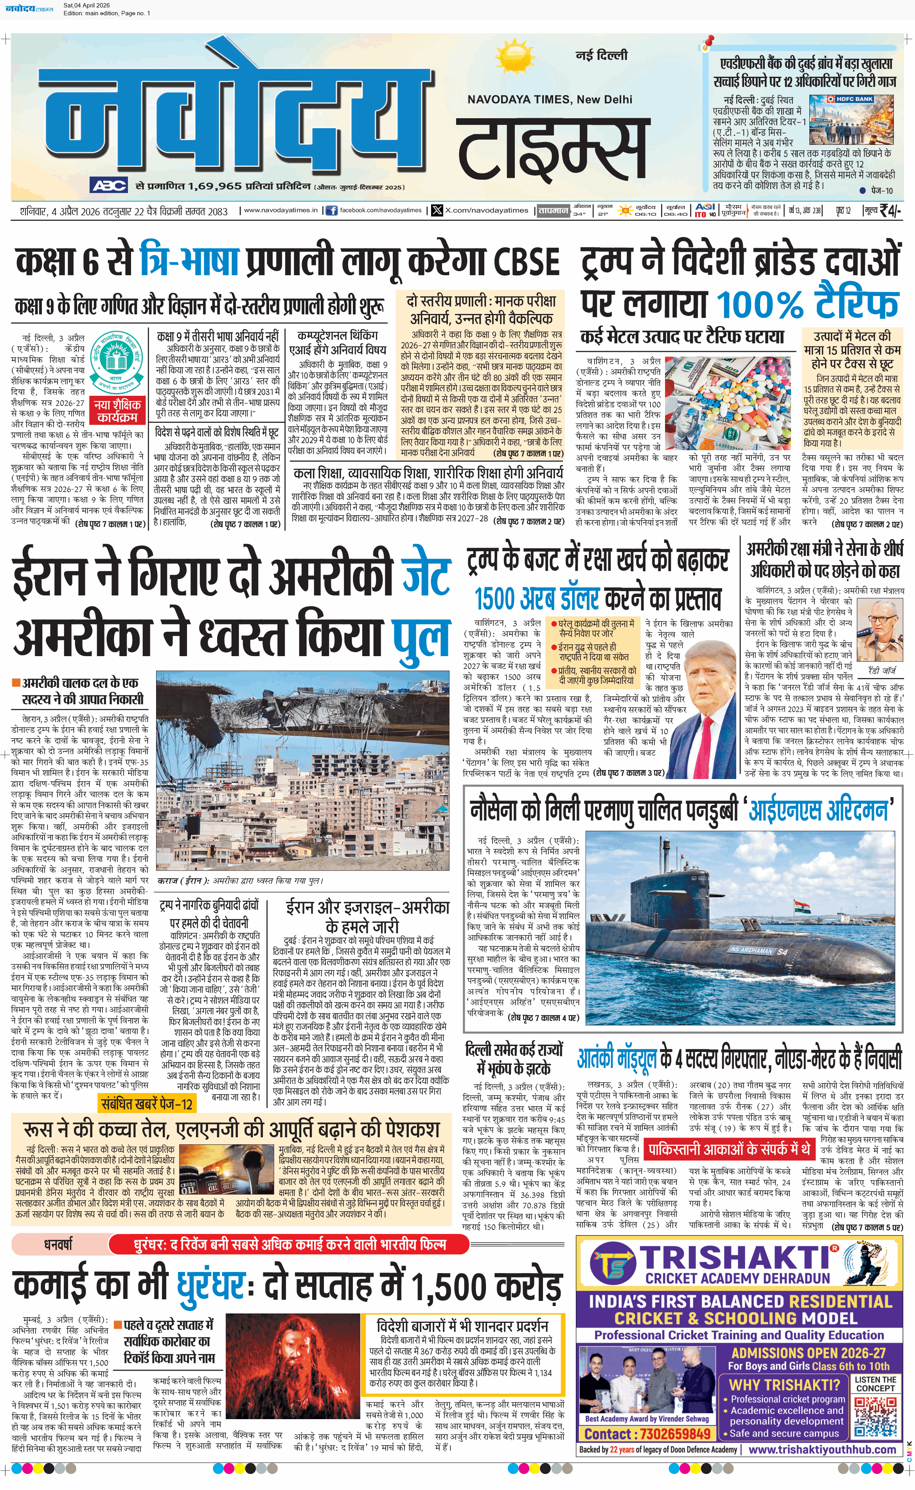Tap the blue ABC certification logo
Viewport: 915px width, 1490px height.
[x=108, y=185]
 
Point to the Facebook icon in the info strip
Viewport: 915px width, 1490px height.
[x=331, y=211]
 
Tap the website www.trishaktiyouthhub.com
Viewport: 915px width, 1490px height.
[x=822, y=1449]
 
